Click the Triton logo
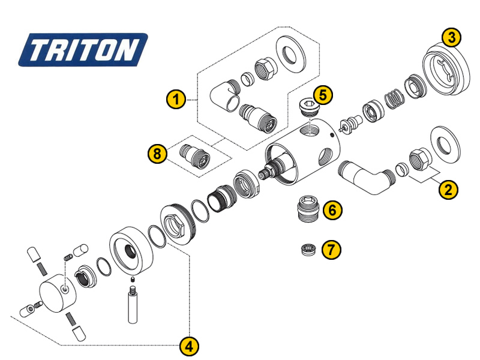click(x=82, y=49)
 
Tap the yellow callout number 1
click(x=175, y=99)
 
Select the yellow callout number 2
click(x=448, y=190)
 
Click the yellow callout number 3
click(x=451, y=37)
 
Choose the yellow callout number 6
click(x=332, y=210)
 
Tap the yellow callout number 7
click(x=332, y=248)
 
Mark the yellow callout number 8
click(x=157, y=154)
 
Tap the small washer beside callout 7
click(x=308, y=248)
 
